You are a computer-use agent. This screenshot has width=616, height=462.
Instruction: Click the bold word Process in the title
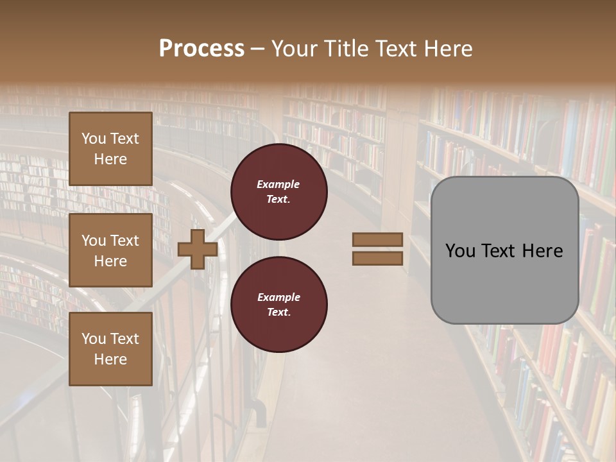[201, 49]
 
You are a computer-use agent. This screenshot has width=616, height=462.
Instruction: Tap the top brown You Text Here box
[110, 149]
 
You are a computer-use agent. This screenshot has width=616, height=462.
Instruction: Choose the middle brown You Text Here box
[110, 250]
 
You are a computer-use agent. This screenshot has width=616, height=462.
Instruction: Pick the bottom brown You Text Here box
[110, 348]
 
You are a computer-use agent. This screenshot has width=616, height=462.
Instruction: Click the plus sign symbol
[198, 249]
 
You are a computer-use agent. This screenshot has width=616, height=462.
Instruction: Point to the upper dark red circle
[279, 192]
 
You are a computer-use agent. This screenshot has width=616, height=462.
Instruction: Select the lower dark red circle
[279, 305]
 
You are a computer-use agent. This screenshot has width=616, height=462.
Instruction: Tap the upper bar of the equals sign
[377, 239]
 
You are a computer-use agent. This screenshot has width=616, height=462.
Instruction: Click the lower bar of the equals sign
[377, 258]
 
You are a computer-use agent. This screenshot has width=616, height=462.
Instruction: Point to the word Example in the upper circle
[278, 184]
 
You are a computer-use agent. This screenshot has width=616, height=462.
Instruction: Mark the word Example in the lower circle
[278, 297]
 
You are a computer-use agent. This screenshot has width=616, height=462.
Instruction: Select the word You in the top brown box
[94, 139]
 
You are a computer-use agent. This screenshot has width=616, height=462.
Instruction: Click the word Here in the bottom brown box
[110, 359]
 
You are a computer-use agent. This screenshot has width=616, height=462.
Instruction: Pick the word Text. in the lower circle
[278, 312]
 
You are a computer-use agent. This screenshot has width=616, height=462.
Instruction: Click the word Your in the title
[292, 49]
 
